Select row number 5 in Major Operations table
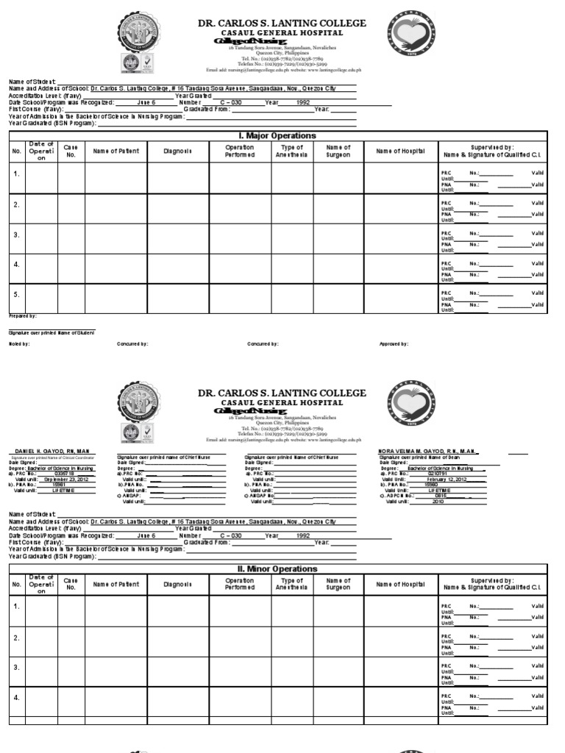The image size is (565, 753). pyautogui.click(x=16, y=293)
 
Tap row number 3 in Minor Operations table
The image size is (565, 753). pyautogui.click(x=16, y=667)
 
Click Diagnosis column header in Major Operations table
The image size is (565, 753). pyautogui.click(x=178, y=151)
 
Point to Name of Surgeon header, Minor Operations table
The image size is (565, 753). pyautogui.click(x=338, y=585)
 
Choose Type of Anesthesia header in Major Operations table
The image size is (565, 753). pyautogui.click(x=293, y=151)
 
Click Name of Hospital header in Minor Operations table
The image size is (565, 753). pyautogui.click(x=400, y=585)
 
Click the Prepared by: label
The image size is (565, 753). pyautogui.click(x=23, y=315)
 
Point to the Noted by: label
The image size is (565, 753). pyautogui.click(x=19, y=343)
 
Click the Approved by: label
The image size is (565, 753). pyautogui.click(x=394, y=343)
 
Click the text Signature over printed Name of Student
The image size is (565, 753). pyautogui.click(x=41, y=333)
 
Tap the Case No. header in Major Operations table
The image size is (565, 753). pyautogui.click(x=71, y=151)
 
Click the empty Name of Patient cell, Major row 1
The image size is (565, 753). pyautogui.click(x=116, y=178)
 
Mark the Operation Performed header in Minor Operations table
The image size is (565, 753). pyautogui.click(x=240, y=585)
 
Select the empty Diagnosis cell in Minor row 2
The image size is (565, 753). pyautogui.click(x=178, y=637)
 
